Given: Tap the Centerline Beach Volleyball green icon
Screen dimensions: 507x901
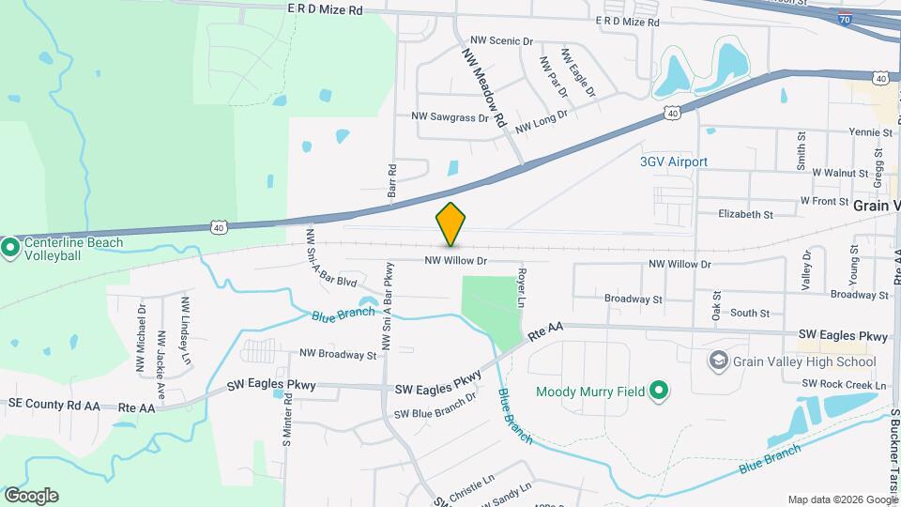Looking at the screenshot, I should coord(10,249).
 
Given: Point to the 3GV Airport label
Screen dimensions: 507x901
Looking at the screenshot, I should coord(673,161).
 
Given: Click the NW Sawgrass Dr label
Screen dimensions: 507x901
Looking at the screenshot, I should coord(450,117).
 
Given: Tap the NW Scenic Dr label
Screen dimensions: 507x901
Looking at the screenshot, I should coord(501,41).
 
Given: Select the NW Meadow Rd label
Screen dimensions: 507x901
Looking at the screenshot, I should coord(484,88).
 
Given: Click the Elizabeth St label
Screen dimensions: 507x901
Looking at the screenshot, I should coord(745,214).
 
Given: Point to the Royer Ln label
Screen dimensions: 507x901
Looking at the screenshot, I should coord(521,288).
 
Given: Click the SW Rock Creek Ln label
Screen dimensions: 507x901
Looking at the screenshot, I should coord(844,384).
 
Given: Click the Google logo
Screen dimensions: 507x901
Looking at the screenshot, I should coord(31,495).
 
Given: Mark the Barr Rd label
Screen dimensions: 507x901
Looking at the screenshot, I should coord(392,179).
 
